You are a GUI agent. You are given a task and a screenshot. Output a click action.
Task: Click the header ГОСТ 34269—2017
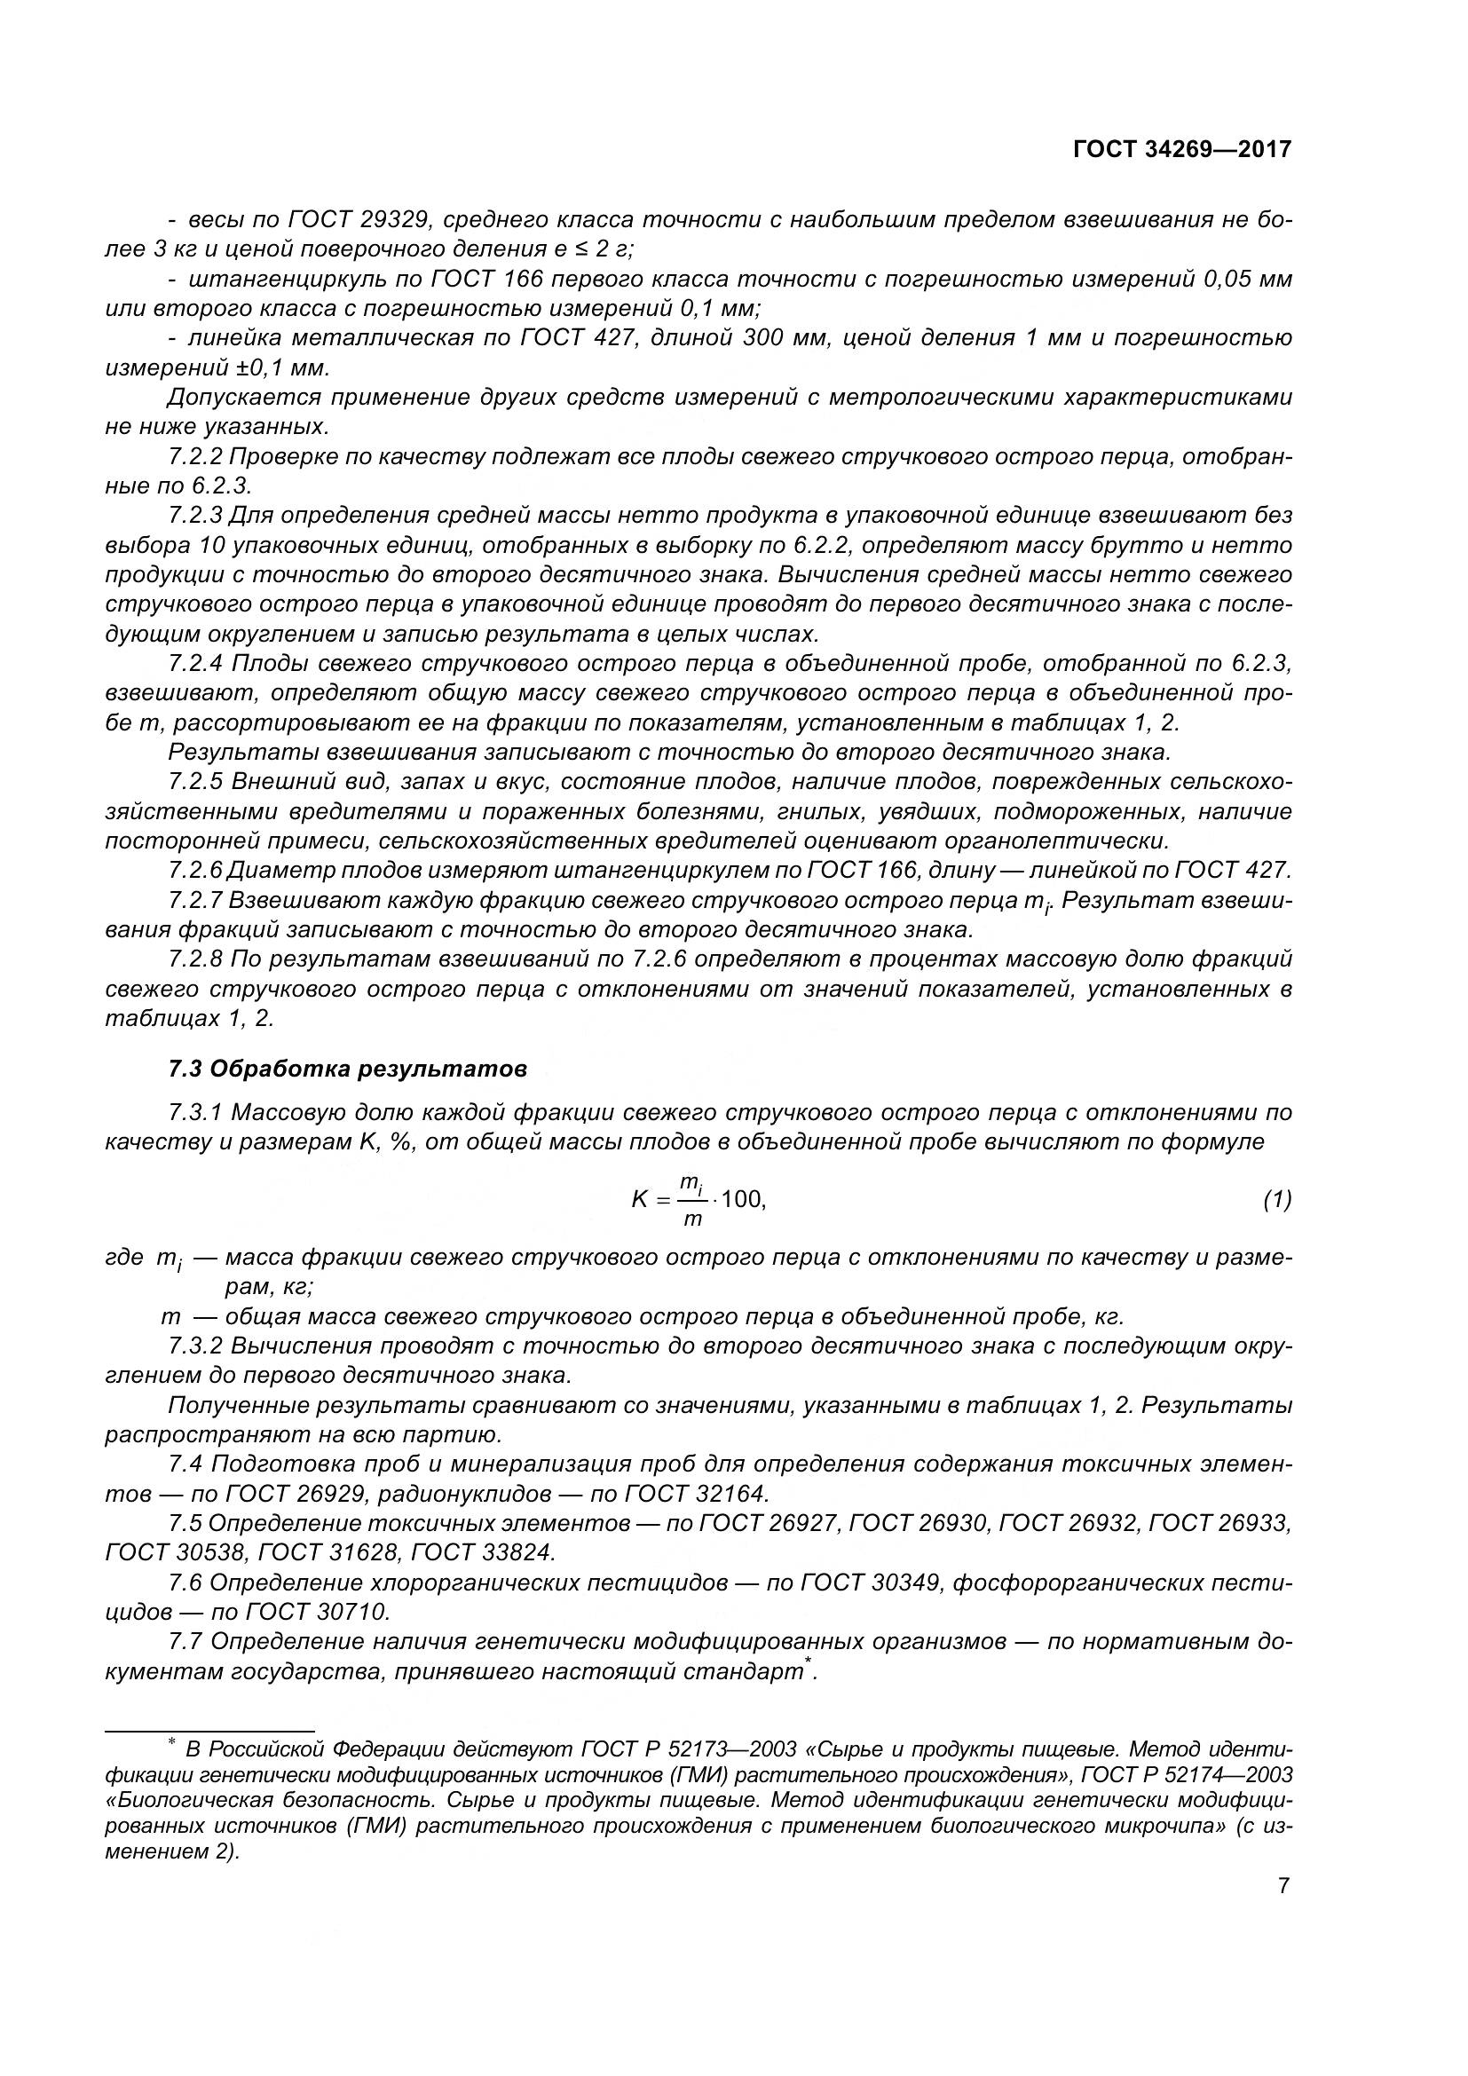tap(1181, 149)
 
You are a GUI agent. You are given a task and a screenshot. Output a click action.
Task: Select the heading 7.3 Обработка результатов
tap(348, 1069)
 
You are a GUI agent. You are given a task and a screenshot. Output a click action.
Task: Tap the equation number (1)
tap(1276, 1200)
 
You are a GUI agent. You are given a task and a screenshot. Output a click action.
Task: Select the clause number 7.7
tap(185, 1641)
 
